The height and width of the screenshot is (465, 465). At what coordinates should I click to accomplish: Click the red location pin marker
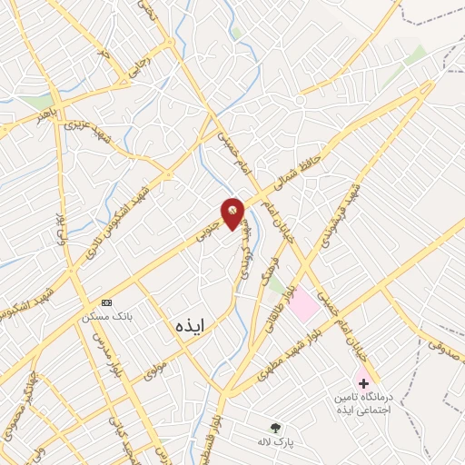(233, 214)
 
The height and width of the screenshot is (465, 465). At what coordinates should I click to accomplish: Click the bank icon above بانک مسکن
(107, 302)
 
